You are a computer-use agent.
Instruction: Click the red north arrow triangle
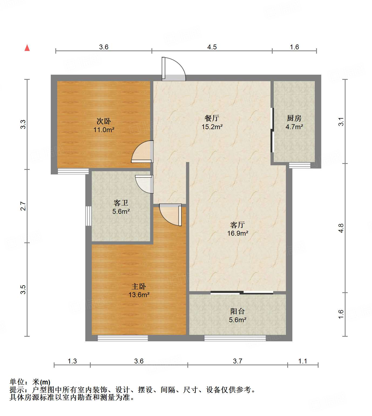tap(27, 48)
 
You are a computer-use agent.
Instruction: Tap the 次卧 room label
tap(104, 121)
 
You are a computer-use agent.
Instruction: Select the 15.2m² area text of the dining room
tap(212, 127)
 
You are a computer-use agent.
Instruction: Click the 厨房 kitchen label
tap(294, 118)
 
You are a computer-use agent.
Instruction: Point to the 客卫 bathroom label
tap(121, 203)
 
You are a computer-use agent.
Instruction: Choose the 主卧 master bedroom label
tap(139, 286)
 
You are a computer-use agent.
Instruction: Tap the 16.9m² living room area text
tap(238, 233)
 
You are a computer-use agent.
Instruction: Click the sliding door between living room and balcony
tap(242, 292)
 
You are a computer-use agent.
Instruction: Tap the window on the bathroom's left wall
tap(88, 216)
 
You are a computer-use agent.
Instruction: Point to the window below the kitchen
tap(299, 165)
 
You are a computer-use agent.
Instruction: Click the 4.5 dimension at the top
tap(212, 47)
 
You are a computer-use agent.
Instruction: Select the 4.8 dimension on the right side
tap(341, 228)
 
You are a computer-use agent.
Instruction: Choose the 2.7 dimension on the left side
tap(23, 206)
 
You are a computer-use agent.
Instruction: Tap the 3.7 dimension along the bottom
tap(238, 361)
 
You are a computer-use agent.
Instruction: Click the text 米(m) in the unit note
tap(41, 382)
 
